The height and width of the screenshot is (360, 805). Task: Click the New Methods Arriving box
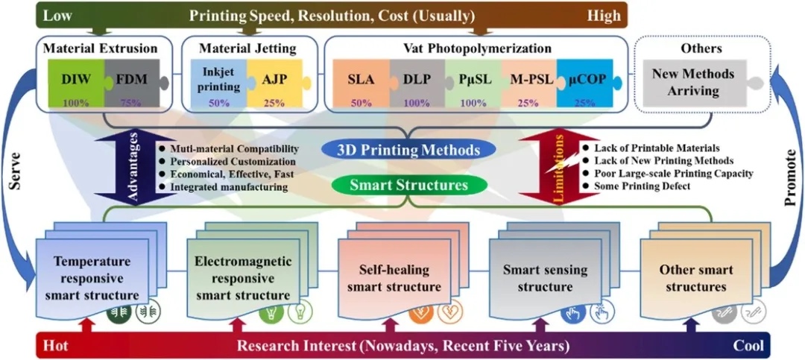click(x=692, y=81)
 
